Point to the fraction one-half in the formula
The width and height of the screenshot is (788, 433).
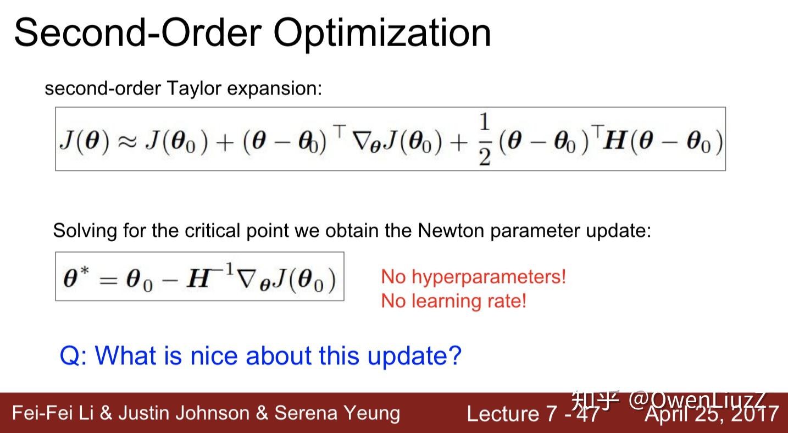click(484, 140)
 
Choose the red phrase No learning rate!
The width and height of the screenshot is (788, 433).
click(453, 301)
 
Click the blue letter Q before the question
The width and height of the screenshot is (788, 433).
click(70, 356)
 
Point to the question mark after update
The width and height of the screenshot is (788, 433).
click(454, 356)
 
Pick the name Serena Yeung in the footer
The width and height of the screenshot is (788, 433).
click(337, 413)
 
